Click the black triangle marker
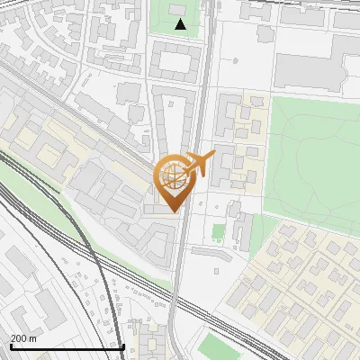(181, 25)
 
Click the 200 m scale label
(23, 338)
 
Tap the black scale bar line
(67, 346)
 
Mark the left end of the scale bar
(11, 346)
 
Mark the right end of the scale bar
(123, 346)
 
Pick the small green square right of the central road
(218, 232)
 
